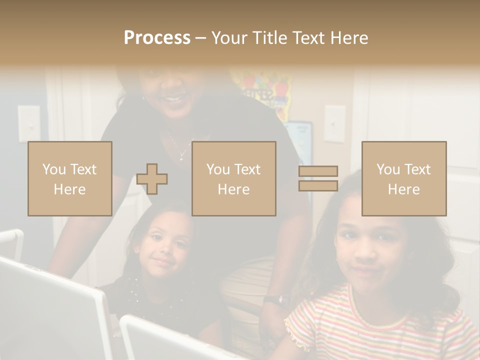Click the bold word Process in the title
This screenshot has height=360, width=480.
pyautogui.click(x=157, y=37)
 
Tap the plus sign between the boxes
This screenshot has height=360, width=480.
pyautogui.click(x=152, y=179)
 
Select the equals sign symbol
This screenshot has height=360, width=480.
pyautogui.click(x=318, y=178)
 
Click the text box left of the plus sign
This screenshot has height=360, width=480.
pyautogui.click(x=70, y=178)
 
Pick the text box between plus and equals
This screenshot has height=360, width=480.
pyautogui.click(x=233, y=178)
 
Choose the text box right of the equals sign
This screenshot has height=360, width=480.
pyautogui.click(x=403, y=178)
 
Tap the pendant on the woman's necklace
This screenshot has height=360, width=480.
pyautogui.click(x=181, y=157)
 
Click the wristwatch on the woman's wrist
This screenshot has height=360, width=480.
pyautogui.click(x=276, y=300)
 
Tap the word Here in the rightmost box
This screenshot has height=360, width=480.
pyautogui.click(x=403, y=189)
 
